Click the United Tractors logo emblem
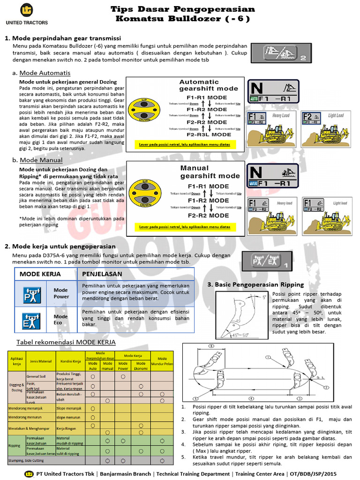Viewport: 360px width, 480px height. (x=27, y=10)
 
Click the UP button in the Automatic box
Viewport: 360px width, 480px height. (x=145, y=105)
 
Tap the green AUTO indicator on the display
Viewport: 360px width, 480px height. (x=254, y=99)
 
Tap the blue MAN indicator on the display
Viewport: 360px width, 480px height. (x=254, y=183)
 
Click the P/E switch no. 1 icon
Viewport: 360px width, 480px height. (x=264, y=261)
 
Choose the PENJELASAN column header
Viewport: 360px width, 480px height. (x=102, y=274)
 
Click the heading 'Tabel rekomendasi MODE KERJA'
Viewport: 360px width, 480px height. (x=66, y=342)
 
